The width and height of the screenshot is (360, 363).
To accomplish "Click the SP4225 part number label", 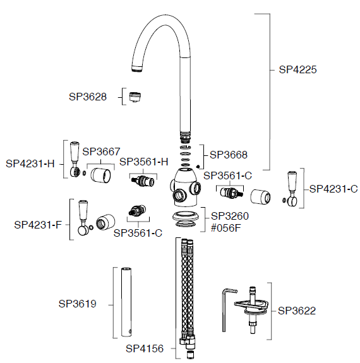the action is click(297, 69).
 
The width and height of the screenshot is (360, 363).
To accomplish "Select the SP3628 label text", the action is click(88, 97).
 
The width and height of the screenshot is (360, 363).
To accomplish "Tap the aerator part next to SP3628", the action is click(135, 97).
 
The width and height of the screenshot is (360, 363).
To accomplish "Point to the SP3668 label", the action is click(229, 155).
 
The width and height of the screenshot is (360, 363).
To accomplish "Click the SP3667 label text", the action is click(101, 152).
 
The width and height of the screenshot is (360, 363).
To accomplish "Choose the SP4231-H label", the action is click(30, 164).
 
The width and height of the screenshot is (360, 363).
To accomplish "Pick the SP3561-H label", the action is click(144, 162).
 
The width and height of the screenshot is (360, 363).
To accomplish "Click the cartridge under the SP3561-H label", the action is click(143, 181).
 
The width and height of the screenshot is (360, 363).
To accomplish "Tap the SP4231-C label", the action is click(333, 189).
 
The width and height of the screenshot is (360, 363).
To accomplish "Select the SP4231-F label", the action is click(38, 225).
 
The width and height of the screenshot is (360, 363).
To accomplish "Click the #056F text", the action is click(226, 228).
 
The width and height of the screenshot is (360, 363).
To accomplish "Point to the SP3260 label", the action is click(230, 217).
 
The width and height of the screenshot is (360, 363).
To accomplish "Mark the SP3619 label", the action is click(78, 304).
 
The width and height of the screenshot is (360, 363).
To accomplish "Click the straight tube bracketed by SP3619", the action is click(126, 302).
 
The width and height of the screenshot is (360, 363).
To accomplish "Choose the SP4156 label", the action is click(145, 348).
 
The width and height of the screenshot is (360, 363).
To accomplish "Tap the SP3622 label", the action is click(297, 311).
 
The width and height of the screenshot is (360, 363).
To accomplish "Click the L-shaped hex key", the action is click(224, 310).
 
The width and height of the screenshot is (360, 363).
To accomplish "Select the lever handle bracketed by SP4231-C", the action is click(292, 189).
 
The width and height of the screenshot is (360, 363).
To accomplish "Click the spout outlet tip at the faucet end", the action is click(136, 69).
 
